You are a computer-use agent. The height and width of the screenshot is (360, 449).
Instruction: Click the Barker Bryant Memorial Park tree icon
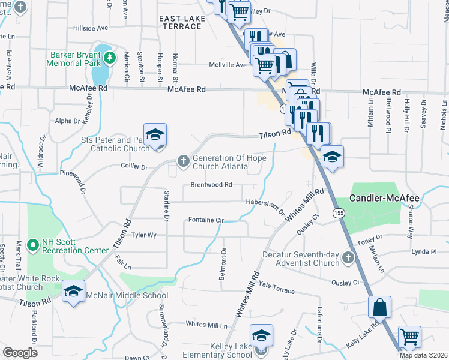109,58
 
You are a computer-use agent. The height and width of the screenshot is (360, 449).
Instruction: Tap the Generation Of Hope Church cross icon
184,160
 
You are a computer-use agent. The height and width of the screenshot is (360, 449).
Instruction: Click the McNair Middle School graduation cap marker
73,292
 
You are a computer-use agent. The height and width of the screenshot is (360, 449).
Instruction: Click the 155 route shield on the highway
340,213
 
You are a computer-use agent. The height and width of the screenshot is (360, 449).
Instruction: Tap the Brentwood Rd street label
211,185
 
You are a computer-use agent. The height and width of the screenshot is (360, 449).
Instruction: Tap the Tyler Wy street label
144,236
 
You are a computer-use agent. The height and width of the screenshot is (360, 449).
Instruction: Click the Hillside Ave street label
91,28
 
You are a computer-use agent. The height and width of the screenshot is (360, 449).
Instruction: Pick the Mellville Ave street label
228,65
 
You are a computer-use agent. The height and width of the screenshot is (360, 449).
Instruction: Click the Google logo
20,353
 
